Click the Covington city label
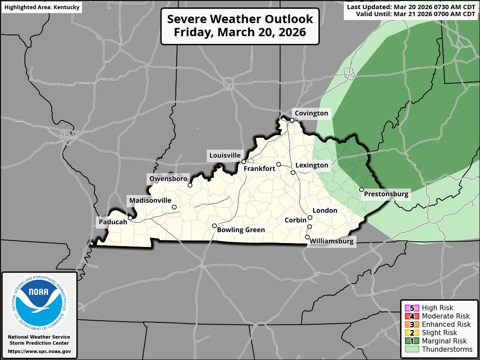click(x=311, y=113)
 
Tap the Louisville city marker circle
click(x=243, y=162)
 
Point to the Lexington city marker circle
click(x=293, y=173)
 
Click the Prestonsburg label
click(x=386, y=194)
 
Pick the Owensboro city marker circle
click(x=190, y=185)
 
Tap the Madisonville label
click(x=150, y=201)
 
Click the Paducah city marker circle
click(x=130, y=218)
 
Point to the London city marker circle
click(x=310, y=217)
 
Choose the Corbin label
click(x=295, y=220)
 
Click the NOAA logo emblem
click(x=39, y=302)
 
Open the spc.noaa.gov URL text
click(x=39, y=351)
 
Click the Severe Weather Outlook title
click(x=240, y=26)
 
